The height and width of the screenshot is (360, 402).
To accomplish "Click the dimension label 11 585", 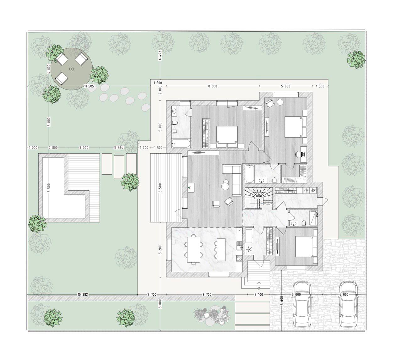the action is pyautogui.click(x=89, y=86).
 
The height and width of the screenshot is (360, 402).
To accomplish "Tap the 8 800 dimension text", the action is pyautogui.click(x=213, y=86).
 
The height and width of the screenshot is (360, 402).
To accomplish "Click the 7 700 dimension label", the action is pyautogui.click(x=207, y=295).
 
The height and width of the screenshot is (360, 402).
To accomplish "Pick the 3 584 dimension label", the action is pyautogui.click(x=118, y=148).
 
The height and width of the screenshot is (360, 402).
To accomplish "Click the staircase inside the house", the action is pyautogui.click(x=259, y=198).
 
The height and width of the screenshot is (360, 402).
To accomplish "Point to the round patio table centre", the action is pyautogui.click(x=71, y=69).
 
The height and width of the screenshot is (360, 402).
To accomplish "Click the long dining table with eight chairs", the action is pyautogui.click(x=193, y=249).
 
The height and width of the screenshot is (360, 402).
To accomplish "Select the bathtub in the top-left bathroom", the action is pyautogui.click(x=181, y=143).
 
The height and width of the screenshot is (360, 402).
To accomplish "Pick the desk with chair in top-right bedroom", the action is pyautogui.click(x=301, y=155).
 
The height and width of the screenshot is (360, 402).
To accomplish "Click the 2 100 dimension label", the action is pyautogui.click(x=259, y=295).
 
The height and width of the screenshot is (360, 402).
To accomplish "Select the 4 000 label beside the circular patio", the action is pyautogui.click(x=49, y=69).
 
